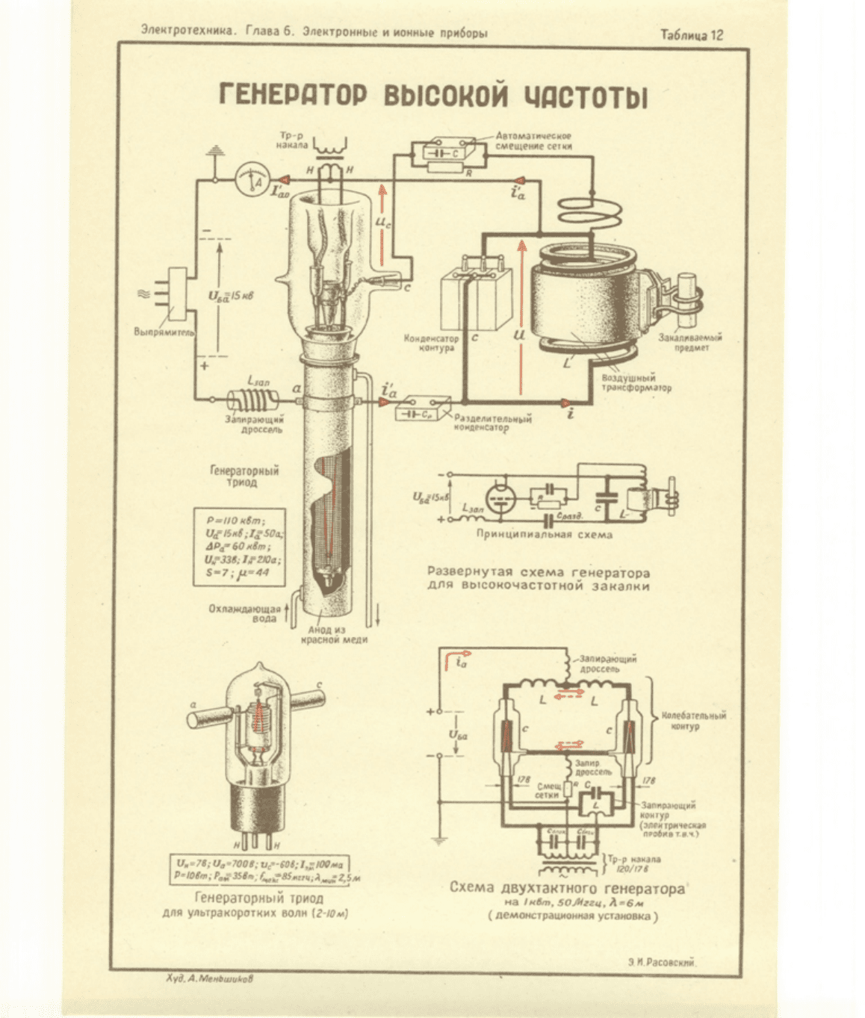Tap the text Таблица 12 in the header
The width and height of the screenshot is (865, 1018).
click(691, 35)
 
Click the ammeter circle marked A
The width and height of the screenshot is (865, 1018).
click(247, 179)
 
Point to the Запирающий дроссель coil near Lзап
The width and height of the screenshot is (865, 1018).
click(250, 403)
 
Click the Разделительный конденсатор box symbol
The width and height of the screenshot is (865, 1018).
click(423, 411)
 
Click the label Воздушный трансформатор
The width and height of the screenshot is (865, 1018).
click(636, 382)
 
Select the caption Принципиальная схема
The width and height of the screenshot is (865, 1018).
click(545, 535)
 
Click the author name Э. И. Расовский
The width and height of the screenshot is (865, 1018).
click(662, 963)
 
